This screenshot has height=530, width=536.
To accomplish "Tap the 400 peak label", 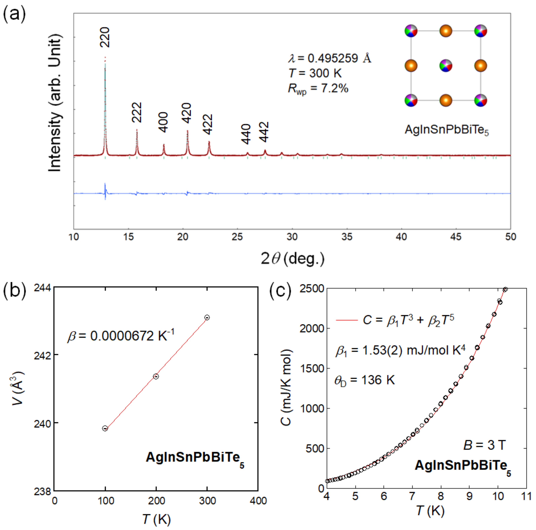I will (163, 122).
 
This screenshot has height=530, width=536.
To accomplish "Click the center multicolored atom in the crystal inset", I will (446, 66).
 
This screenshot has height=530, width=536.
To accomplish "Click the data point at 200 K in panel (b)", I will (156, 376).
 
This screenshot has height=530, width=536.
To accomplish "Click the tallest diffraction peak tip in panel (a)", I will (105, 57).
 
